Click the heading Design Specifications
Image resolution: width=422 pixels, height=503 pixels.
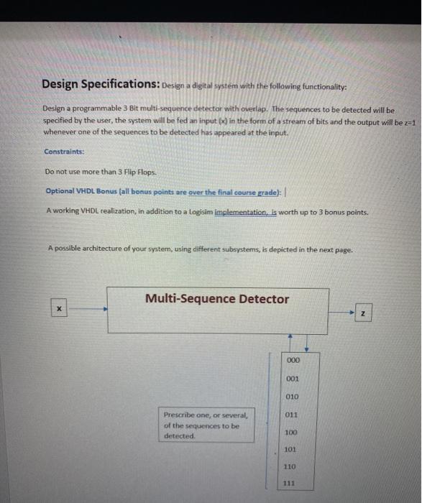[x=101, y=84]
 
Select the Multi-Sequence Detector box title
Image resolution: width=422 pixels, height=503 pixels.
[x=216, y=299]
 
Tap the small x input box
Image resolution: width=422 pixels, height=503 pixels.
[x=60, y=310]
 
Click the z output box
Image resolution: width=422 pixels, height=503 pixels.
[x=364, y=314]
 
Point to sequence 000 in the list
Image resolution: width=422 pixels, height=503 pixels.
[x=292, y=361]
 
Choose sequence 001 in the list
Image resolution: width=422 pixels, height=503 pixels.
[x=292, y=379]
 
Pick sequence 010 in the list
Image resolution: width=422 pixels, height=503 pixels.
[x=292, y=397]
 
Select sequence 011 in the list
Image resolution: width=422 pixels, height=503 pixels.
[x=292, y=415]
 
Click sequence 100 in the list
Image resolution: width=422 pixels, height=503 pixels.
[x=292, y=432]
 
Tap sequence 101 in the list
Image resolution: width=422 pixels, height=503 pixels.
[x=292, y=450]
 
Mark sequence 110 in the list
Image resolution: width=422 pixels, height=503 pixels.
[x=292, y=467]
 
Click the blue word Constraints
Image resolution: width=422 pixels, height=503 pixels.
[x=64, y=152]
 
